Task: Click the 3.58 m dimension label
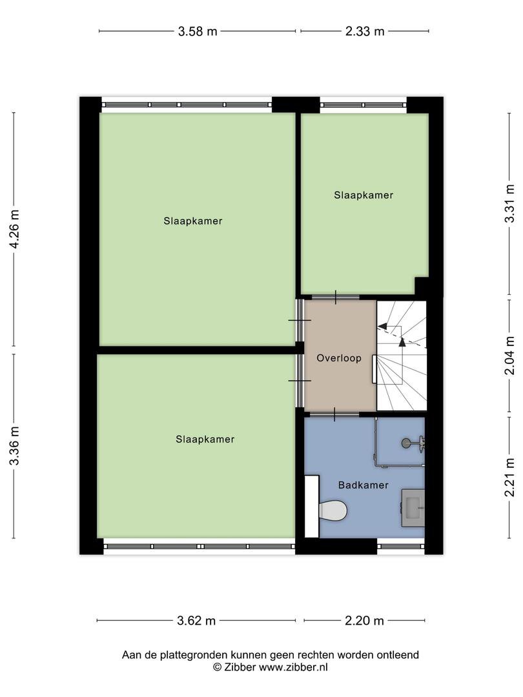tap(198, 32)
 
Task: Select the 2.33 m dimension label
tap(365, 32)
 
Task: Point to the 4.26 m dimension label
tap(14, 229)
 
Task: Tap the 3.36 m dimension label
tap(14, 445)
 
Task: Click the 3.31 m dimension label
tap(509, 203)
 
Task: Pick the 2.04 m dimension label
tap(509, 355)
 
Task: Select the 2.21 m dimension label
tap(509, 478)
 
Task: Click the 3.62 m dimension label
tap(196, 621)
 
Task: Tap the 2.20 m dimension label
tap(364, 621)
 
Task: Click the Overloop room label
tap(339, 358)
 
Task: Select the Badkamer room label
tap(364, 485)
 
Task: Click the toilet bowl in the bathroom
tap(333, 510)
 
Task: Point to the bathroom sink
tap(413, 508)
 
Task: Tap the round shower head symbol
tap(406, 443)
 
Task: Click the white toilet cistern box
tap(312, 507)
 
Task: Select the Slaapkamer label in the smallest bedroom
tap(364, 195)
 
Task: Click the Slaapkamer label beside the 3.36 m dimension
tap(205, 439)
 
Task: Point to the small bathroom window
tap(401, 547)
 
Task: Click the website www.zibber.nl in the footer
tap(293, 667)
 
